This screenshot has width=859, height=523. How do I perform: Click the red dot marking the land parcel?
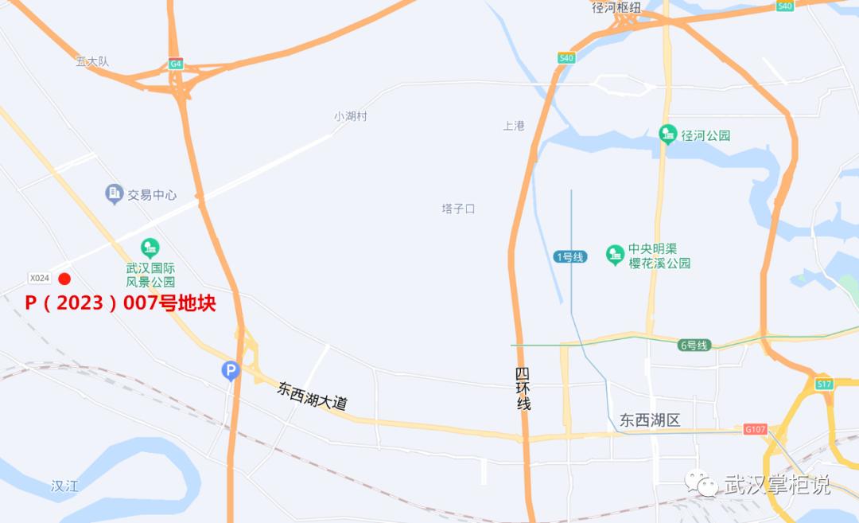point(65,279)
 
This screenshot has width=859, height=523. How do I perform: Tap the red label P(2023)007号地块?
point(120,303)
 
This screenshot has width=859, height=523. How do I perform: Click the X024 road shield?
point(39,278)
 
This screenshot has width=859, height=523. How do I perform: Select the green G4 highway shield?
point(175,64)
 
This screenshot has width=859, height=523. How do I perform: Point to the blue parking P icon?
point(230,370)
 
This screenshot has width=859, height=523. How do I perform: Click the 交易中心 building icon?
point(114,193)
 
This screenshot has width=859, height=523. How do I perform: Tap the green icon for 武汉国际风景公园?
point(150,248)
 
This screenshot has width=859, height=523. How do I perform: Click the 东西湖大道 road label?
point(312,396)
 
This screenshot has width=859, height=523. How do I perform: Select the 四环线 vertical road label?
point(523,389)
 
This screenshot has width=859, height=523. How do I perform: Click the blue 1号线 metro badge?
point(570,256)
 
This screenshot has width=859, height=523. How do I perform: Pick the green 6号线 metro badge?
point(694,345)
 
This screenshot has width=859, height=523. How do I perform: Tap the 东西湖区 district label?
point(650,420)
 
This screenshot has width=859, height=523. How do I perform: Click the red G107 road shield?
point(755,429)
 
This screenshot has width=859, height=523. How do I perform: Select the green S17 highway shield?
point(823,384)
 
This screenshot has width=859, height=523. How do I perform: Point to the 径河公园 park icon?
point(668,135)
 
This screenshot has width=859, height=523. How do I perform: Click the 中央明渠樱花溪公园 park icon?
point(615,255)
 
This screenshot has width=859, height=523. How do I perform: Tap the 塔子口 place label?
point(458,209)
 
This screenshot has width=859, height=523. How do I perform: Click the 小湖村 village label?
point(351,116)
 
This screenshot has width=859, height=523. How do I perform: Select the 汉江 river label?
point(64,486)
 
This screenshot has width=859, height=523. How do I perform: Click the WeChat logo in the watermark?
point(702,482)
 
